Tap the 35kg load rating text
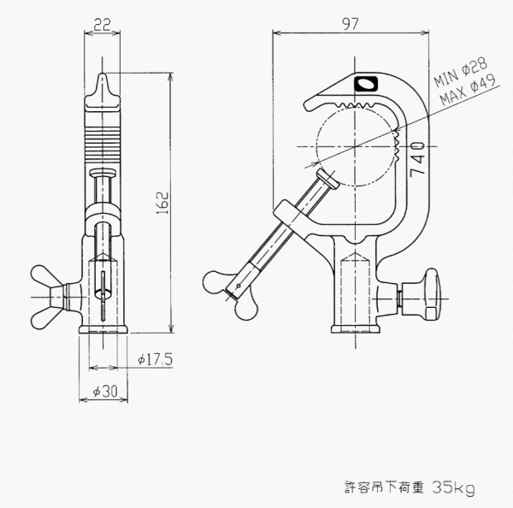pos(453,487)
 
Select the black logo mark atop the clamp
pos(365,84)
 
